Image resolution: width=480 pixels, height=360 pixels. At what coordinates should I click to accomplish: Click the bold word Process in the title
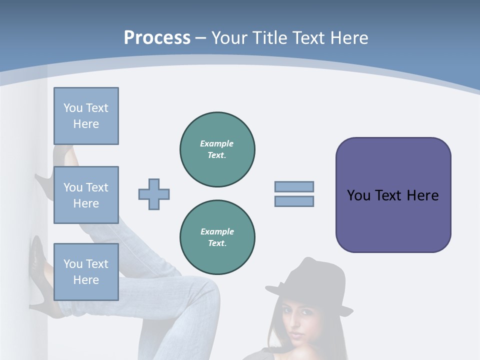(x=157, y=37)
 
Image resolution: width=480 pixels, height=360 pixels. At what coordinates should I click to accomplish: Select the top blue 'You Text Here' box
(x=86, y=116)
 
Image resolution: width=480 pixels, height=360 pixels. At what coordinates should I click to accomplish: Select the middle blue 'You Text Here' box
(x=86, y=195)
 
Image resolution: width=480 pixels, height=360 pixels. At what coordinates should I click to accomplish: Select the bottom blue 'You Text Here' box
(x=86, y=272)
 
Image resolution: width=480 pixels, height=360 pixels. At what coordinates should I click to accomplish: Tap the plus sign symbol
(x=154, y=194)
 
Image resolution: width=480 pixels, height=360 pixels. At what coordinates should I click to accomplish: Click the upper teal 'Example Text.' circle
(x=217, y=149)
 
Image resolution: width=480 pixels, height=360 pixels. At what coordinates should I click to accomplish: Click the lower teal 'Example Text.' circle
(x=217, y=237)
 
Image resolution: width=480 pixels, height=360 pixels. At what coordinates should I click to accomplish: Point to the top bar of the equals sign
(x=294, y=186)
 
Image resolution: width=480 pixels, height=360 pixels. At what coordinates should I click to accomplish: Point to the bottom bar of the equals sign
(x=294, y=201)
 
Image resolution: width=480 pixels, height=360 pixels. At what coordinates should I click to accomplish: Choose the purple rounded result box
(x=393, y=195)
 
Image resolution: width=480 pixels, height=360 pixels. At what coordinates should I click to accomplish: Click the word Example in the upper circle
(x=217, y=143)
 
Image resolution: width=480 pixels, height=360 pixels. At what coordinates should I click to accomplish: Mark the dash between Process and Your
(x=201, y=37)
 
